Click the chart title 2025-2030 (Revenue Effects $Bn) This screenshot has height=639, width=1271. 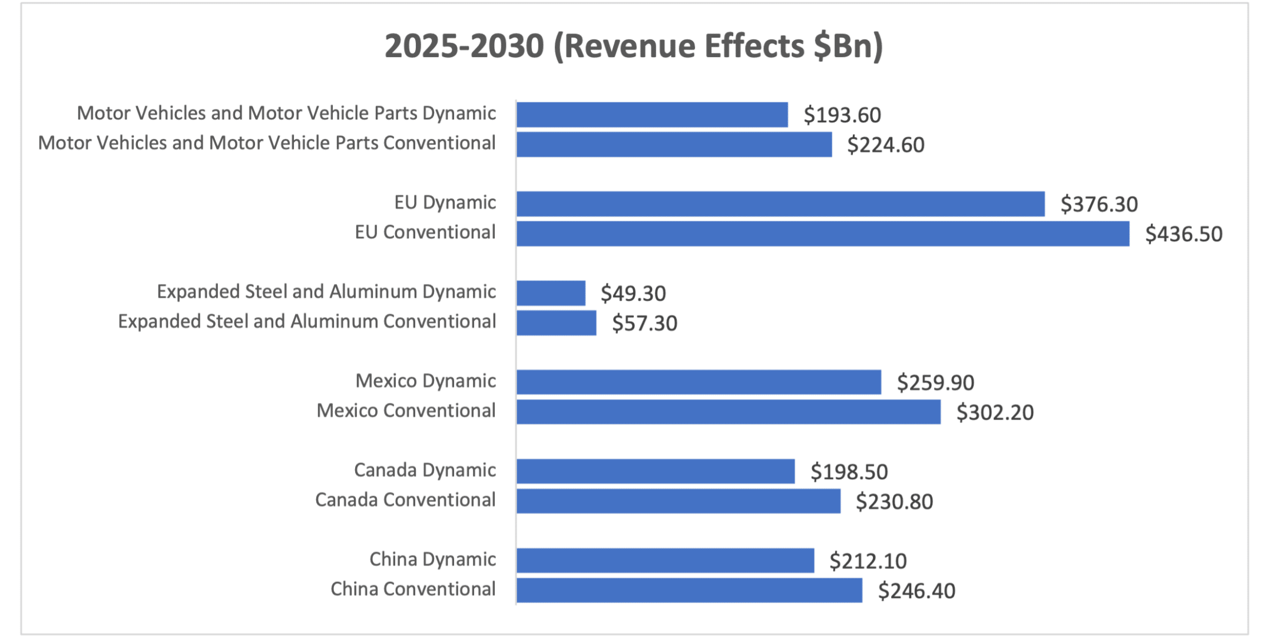tap(634, 46)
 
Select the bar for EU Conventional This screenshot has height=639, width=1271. tap(823, 234)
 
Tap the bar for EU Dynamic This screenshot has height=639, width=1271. tap(780, 204)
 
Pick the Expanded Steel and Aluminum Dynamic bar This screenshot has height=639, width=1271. tap(551, 293)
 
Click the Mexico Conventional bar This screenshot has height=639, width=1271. tap(729, 412)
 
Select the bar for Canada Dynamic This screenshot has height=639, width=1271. tap(656, 471)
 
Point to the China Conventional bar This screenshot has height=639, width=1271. tap(689, 590)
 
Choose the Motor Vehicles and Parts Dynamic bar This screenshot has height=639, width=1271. tap(652, 115)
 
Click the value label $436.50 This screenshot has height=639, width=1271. tap(1183, 234)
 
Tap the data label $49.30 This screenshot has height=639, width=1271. tap(633, 293)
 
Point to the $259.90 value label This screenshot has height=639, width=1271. tap(935, 382)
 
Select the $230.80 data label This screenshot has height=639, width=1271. tap(894, 501)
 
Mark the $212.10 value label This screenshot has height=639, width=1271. tap(868, 561)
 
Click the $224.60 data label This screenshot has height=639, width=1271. tap(885, 145)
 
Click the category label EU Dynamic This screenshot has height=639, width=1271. tap(445, 202)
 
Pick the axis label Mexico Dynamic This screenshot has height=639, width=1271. tap(425, 381)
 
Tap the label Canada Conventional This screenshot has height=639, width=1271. tap(405, 500)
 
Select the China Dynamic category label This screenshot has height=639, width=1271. tap(432, 559)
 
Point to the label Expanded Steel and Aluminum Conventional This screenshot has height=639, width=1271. tap(307, 321)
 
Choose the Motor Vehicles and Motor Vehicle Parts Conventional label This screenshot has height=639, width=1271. tap(267, 143)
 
